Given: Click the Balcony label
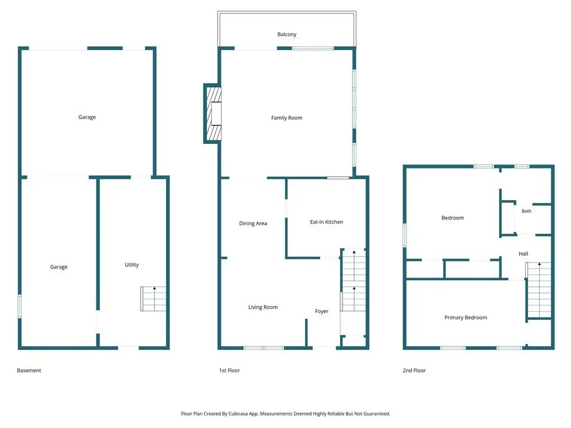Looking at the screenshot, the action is click(287, 34).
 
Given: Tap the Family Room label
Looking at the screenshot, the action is click(287, 118).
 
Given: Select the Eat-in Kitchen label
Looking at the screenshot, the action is click(326, 222).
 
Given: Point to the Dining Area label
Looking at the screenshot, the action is click(253, 223).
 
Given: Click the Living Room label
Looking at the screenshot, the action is click(263, 307).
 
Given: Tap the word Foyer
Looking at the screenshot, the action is click(322, 311).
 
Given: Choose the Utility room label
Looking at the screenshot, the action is click(132, 265).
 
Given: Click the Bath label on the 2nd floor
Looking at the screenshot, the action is click(526, 211).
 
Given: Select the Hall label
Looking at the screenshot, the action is click(523, 254).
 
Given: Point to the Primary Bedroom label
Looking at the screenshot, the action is click(466, 317).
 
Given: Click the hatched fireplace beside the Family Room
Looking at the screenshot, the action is click(214, 114).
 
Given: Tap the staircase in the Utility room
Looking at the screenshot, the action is click(153, 299).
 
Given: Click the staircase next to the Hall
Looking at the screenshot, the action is click(538, 290).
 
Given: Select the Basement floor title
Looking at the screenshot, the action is click(29, 371).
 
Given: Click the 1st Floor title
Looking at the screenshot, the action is click(229, 371).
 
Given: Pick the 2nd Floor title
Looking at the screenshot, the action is click(414, 371).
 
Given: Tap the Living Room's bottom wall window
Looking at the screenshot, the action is click(264, 348).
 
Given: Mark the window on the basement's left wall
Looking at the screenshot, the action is click(20, 307).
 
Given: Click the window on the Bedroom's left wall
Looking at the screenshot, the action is click(405, 236).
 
